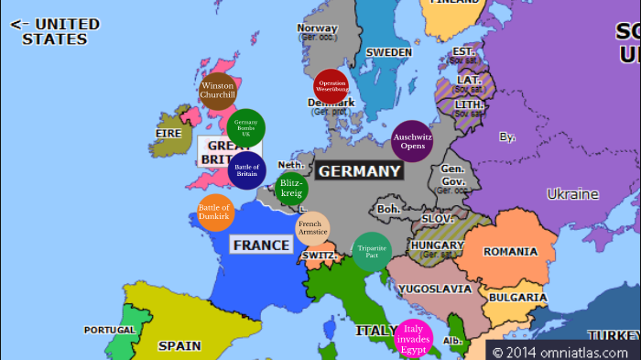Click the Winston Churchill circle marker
click(x=218, y=91)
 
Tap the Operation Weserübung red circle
click(x=331, y=87)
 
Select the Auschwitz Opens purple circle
click(x=411, y=141)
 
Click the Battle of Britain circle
click(x=247, y=170)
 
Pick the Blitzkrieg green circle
click(x=291, y=188)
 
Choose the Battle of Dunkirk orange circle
click(x=216, y=213)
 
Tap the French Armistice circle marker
click(x=311, y=229)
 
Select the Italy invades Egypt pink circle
click(x=412, y=339)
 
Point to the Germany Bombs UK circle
click(x=246, y=127)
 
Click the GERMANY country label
click(x=360, y=171)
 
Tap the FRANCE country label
click(x=261, y=245)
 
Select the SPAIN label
click(x=179, y=346)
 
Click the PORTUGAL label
click(x=109, y=330)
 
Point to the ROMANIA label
click(x=510, y=252)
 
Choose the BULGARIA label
click(x=517, y=298)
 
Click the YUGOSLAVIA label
click(x=435, y=289)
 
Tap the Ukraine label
click(x=572, y=194)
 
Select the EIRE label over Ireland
click(x=168, y=134)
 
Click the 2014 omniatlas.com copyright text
click(x=560, y=351)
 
